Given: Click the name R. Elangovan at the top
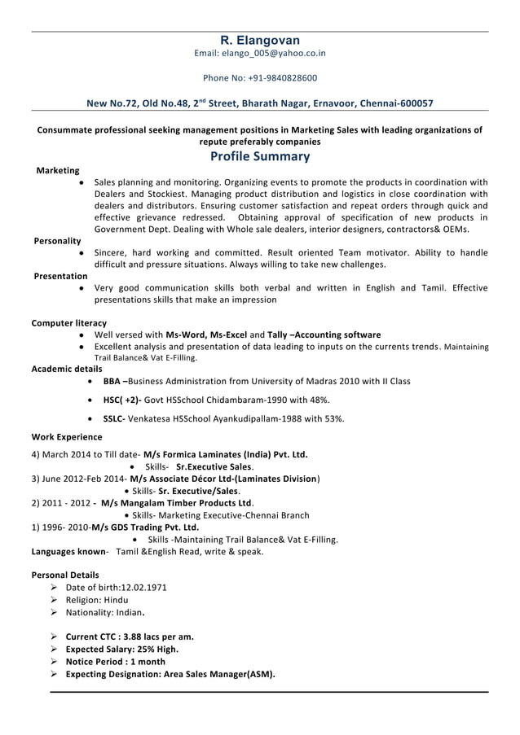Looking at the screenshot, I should (x=260, y=40).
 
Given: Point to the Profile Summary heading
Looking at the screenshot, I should (x=260, y=156).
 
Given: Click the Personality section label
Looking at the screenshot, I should (x=57, y=241).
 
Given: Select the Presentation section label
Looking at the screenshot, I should (x=60, y=277).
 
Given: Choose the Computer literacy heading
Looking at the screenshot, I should (x=68, y=323).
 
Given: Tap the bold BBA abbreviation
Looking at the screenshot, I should (x=113, y=381).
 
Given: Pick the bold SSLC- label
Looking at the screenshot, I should (x=114, y=418).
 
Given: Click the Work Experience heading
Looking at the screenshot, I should (x=67, y=437).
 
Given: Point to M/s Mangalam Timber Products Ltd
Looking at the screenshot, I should (x=177, y=502).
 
